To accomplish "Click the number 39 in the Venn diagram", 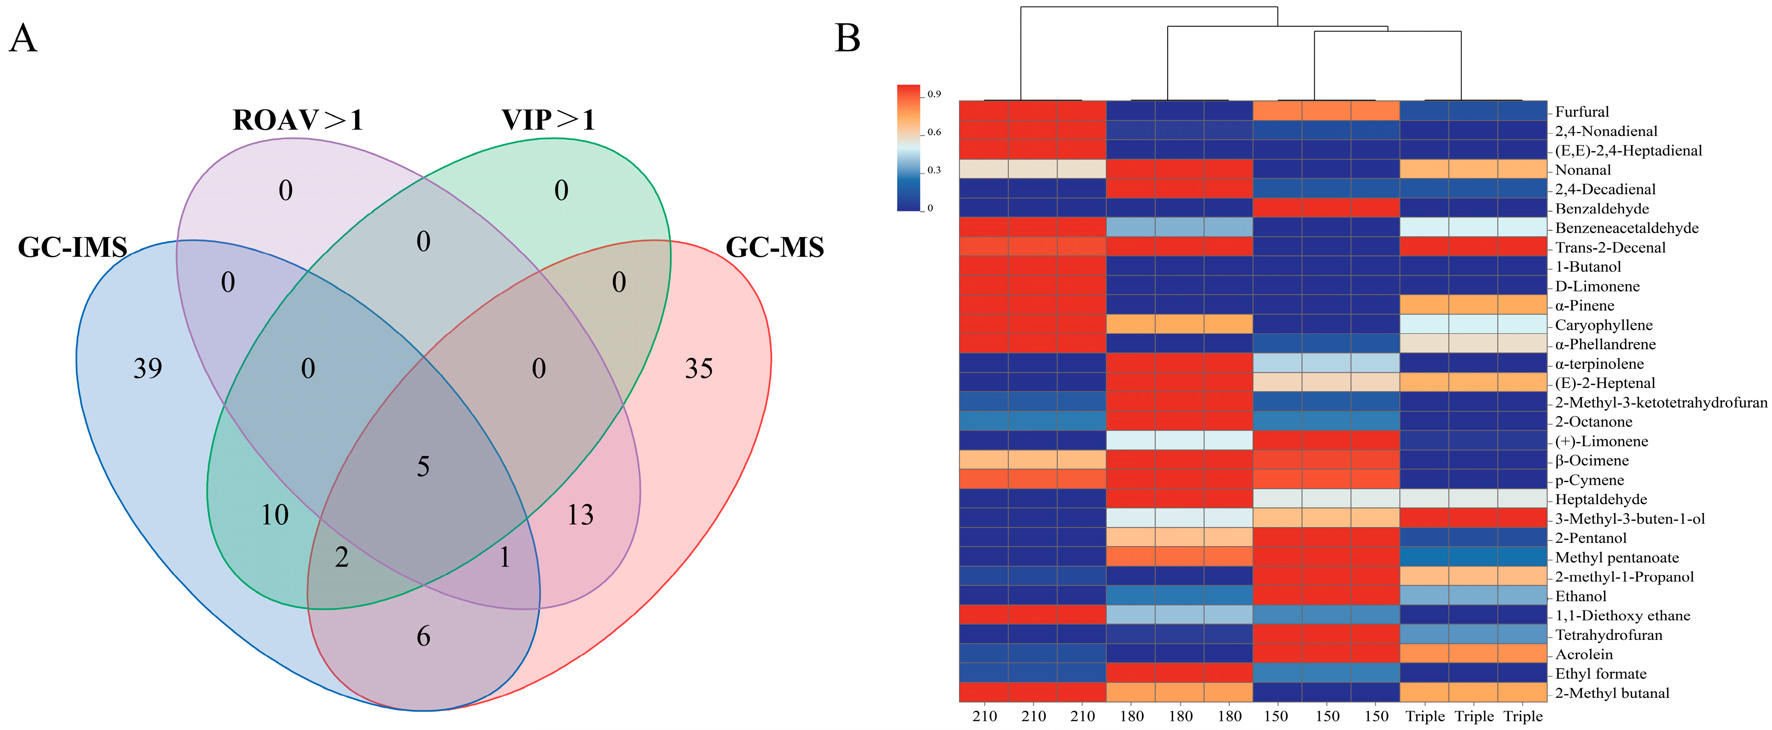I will click(148, 369).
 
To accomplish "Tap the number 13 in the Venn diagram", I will click(580, 515).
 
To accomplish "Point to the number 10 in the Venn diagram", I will click(275, 515).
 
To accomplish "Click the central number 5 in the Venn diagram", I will click(423, 467).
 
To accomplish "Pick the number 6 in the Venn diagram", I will click(423, 637).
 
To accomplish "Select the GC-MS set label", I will click(775, 247).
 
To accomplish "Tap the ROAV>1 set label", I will click(297, 120).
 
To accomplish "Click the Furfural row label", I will click(1582, 111).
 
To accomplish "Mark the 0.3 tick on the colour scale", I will click(933, 170).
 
